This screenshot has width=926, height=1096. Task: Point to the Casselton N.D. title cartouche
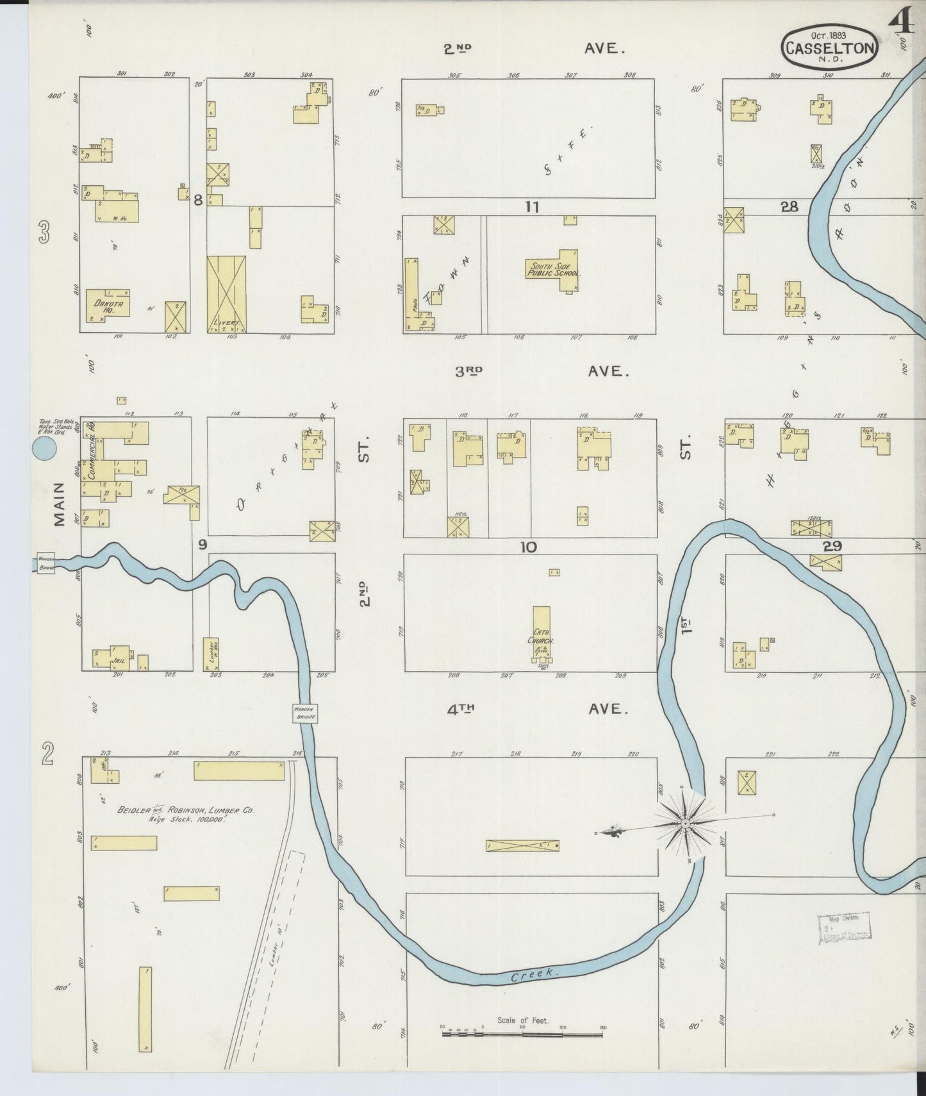click(x=830, y=47)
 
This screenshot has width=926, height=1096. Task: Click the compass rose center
click(x=686, y=822)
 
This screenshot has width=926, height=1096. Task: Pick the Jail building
click(x=118, y=658)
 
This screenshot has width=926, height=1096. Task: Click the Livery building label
click(x=226, y=323)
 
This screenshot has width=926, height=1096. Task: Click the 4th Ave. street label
click(x=536, y=709)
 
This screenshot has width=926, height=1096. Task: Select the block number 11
click(x=531, y=207)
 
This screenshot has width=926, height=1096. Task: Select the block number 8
click(x=198, y=201)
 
